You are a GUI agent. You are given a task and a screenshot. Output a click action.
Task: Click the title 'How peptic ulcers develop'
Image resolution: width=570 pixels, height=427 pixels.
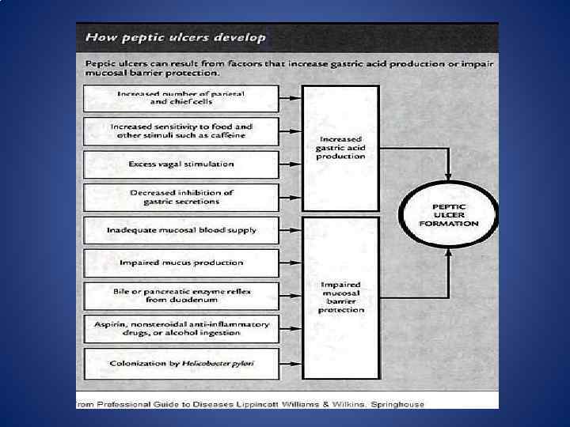coord(176,36)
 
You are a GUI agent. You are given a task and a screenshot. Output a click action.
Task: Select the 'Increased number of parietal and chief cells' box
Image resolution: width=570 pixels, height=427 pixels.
coord(180,98)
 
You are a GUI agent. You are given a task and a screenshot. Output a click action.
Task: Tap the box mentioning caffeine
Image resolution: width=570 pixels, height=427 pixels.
coord(181,130)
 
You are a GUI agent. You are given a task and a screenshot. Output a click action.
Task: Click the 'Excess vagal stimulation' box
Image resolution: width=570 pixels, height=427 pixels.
coord(181,164)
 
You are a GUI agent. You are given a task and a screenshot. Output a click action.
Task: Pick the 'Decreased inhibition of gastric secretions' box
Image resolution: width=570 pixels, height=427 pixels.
coord(181,197)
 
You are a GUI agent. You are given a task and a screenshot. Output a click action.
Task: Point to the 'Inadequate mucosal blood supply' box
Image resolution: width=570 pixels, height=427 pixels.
coord(181,230)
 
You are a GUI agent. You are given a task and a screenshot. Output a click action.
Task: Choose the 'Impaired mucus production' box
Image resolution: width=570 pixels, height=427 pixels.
coord(181,263)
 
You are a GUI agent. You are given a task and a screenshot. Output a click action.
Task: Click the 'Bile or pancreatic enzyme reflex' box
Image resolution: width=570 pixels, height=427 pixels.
coord(181,296)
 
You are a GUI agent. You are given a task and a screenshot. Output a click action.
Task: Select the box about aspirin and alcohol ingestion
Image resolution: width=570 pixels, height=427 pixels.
coord(181,329)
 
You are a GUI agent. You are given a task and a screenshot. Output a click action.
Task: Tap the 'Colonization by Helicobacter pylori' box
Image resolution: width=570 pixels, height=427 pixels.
coord(181,363)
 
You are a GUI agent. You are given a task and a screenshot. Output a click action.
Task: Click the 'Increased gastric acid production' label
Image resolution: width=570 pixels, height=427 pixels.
coord(340,146)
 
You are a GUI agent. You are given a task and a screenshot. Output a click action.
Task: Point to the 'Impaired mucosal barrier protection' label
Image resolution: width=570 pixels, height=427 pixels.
coord(341,297)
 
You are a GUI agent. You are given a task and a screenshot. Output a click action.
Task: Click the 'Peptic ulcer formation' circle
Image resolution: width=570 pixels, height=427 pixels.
coord(449,214)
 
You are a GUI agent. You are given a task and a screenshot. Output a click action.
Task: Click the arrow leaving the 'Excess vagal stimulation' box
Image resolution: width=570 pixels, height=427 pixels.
coord(291,164)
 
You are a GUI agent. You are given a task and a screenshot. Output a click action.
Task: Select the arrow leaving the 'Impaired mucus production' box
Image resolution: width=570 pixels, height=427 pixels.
coord(291,263)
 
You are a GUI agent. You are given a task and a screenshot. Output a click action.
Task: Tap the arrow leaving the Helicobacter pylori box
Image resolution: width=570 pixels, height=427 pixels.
coord(291,363)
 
